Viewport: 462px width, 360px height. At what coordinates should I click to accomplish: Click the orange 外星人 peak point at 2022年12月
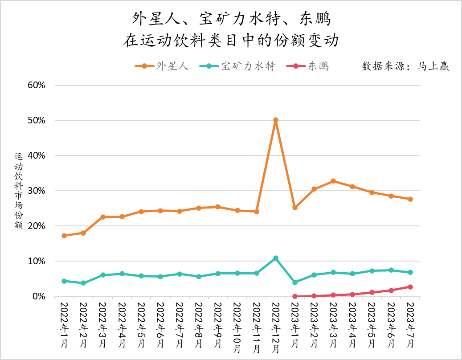pyautogui.click(x=276, y=120)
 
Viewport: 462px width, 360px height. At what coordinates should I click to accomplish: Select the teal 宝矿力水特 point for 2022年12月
pyautogui.click(x=276, y=258)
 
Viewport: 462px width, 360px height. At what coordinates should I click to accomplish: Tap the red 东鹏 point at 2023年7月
pyautogui.click(x=410, y=287)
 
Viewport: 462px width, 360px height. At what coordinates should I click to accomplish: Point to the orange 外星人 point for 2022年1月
pyautogui.click(x=64, y=236)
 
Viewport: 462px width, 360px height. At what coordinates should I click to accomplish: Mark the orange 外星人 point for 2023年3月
pyautogui.click(x=333, y=181)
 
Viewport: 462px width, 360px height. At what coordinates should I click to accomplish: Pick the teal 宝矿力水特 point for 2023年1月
pyautogui.click(x=295, y=282)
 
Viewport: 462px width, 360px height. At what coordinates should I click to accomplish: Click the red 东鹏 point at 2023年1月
pyautogui.click(x=295, y=296)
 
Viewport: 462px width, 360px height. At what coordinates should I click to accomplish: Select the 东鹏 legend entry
pyautogui.click(x=312, y=66)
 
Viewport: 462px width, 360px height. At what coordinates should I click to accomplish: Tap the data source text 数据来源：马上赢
pyautogui.click(x=405, y=66)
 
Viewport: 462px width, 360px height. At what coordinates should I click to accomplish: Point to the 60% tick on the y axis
pyautogui.click(x=37, y=85)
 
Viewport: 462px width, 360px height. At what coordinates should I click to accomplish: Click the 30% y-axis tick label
pyautogui.click(x=37, y=191)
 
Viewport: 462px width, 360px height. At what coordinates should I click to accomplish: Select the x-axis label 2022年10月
pyautogui.click(x=237, y=328)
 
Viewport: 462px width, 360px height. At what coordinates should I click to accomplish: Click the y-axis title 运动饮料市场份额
pyautogui.click(x=18, y=191)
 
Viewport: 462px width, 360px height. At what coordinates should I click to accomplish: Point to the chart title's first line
pyautogui.click(x=231, y=19)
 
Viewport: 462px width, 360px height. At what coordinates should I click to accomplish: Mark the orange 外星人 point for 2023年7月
pyautogui.click(x=410, y=199)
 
